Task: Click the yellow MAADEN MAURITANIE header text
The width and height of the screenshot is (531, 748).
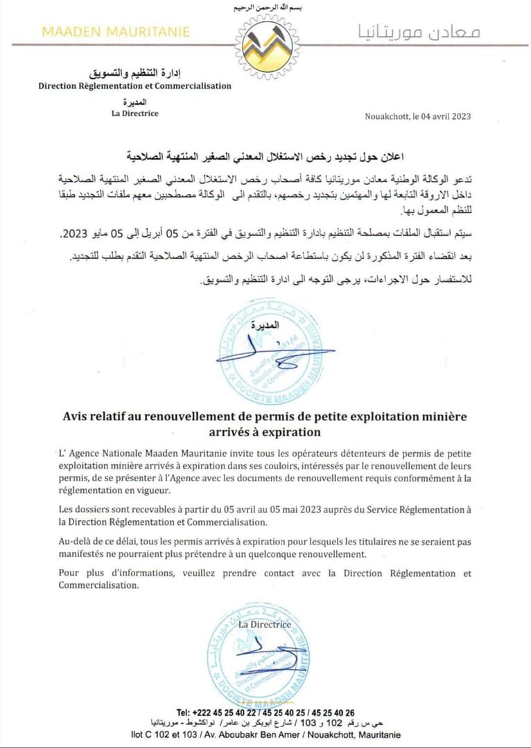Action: click(116, 32)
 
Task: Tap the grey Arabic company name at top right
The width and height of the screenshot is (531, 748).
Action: click(419, 32)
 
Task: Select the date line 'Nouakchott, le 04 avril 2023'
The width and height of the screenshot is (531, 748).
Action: click(418, 116)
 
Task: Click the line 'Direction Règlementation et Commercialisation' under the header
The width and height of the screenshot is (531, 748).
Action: click(134, 86)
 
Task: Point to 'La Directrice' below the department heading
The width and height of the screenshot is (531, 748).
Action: click(134, 114)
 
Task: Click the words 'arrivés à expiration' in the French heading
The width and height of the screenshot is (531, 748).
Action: click(265, 431)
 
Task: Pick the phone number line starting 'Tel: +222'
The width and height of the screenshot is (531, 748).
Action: click(265, 712)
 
